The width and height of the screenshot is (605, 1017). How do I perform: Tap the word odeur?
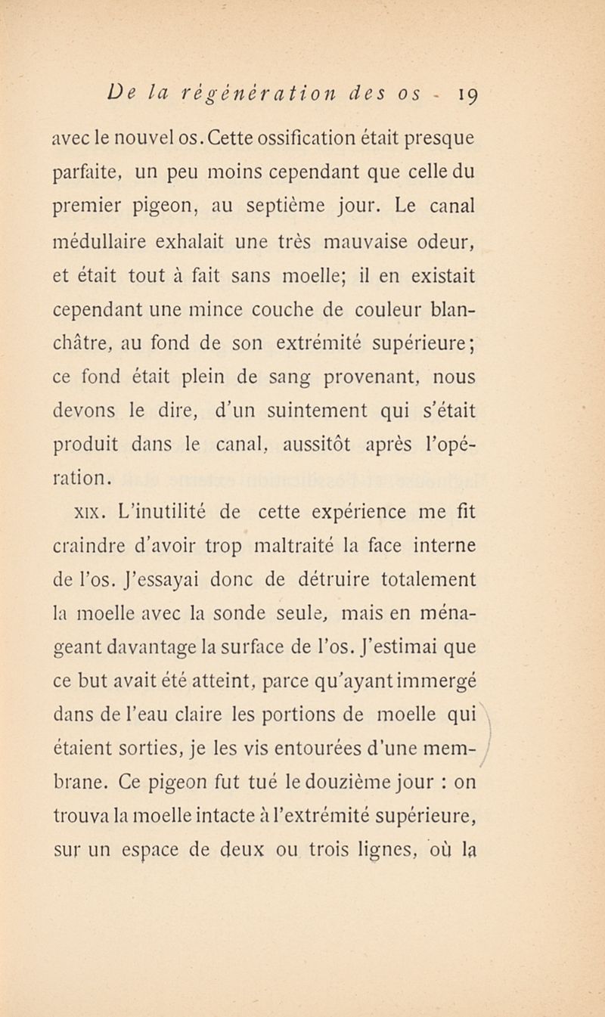[448, 243]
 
